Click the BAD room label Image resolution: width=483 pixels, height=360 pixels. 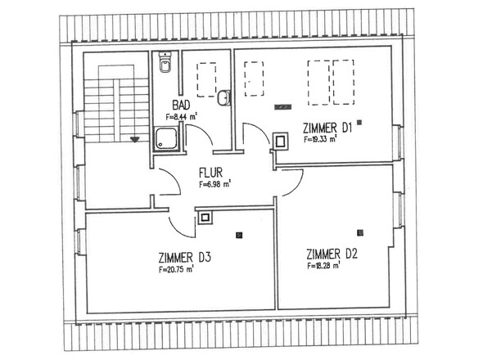coord(181,106)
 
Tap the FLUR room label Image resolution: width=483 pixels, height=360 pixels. coord(210,173)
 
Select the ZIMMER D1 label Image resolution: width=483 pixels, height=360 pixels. coord(327,128)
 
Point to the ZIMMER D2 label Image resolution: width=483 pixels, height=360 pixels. coord(332,254)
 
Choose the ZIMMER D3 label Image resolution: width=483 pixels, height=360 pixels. coord(184,258)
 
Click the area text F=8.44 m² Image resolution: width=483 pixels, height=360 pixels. coord(181,117)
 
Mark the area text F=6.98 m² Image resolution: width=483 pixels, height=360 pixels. coord(214,184)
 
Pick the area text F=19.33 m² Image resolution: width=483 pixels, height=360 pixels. coord(319,139)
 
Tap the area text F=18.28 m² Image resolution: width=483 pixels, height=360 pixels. coord(323,265)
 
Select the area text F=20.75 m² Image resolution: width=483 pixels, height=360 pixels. coord(176,269)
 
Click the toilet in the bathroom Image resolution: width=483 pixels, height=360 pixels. coord(165,62)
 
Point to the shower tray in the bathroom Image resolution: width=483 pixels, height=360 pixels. coord(166,139)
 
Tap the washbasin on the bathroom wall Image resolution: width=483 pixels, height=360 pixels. coord(224,98)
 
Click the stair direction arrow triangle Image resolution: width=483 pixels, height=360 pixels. coord(134,140)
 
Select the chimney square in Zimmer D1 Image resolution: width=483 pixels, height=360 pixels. coord(280,142)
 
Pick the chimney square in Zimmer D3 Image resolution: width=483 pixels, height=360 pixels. coord(205,218)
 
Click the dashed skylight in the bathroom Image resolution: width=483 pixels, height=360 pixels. coord(206,79)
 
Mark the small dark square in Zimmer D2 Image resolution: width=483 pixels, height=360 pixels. coord(359,233)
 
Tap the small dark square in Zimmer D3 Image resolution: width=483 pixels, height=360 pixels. coord(239,236)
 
